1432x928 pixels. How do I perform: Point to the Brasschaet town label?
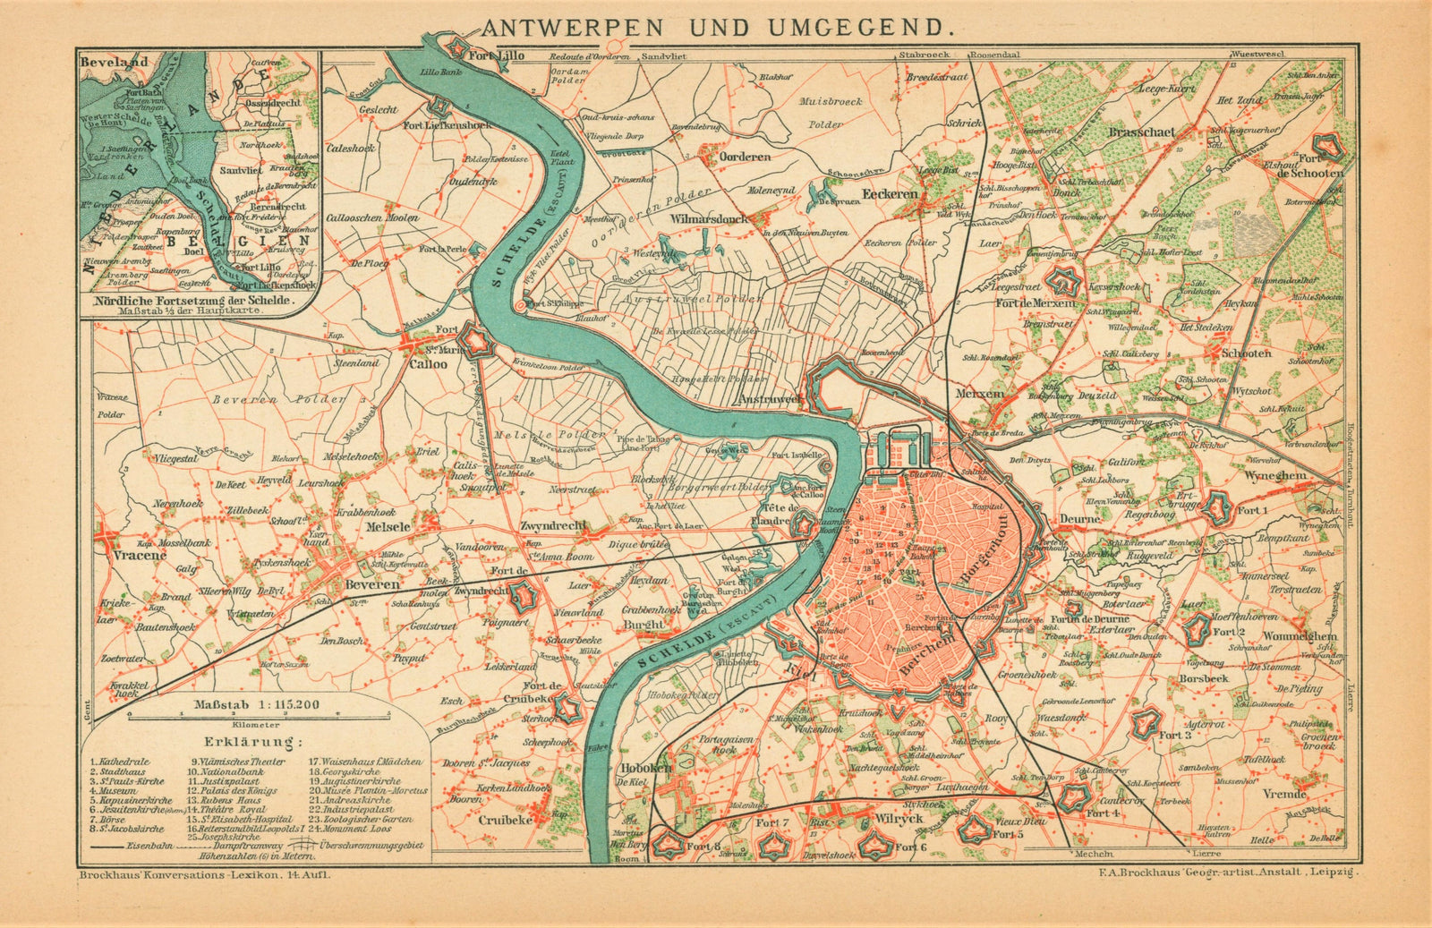[x=1141, y=132]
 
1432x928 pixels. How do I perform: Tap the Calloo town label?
[x=428, y=364]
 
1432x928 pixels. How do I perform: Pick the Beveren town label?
[x=371, y=584]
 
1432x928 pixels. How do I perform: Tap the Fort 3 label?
[x=1174, y=735]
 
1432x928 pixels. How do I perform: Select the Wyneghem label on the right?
[x=1300, y=475]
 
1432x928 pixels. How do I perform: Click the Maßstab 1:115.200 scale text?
[x=257, y=704]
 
